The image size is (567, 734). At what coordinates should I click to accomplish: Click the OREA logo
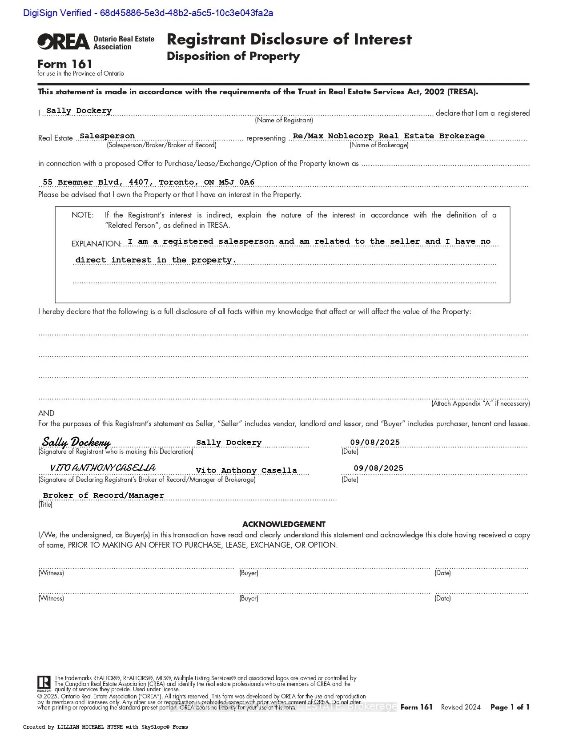click(64, 42)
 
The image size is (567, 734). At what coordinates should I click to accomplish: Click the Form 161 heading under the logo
click(65, 64)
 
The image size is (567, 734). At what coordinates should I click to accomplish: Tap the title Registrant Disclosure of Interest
click(289, 39)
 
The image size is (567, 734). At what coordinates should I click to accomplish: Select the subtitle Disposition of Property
click(233, 56)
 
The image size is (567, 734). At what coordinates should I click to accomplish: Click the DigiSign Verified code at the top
click(148, 13)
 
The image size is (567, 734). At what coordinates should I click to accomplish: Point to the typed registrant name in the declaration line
click(79, 111)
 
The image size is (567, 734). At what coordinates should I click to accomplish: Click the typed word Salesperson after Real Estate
click(107, 136)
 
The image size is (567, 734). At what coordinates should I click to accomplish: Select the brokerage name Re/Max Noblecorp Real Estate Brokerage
click(389, 136)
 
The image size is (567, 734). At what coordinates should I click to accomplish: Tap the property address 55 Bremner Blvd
click(149, 182)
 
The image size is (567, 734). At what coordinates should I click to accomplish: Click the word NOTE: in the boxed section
click(83, 215)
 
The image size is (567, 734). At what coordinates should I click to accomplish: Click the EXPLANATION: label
click(97, 244)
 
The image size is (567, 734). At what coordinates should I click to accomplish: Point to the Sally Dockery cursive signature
click(76, 442)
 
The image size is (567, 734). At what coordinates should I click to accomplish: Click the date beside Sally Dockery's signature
click(375, 442)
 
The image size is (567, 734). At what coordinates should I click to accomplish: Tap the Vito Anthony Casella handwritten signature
click(103, 468)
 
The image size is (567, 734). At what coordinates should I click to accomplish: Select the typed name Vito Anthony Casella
click(246, 471)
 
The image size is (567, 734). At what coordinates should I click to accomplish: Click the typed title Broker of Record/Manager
click(104, 496)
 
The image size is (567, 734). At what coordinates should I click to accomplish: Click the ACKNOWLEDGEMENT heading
click(284, 524)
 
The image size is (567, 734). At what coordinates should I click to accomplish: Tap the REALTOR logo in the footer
click(44, 683)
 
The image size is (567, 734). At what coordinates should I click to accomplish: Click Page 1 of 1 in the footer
click(510, 707)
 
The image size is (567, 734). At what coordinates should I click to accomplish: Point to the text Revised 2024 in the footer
click(461, 707)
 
